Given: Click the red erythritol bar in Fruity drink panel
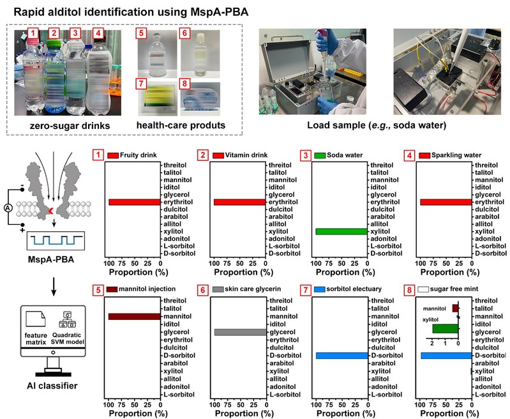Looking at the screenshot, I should pyautogui.click(x=134, y=202).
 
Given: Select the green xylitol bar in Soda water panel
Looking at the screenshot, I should pyautogui.click(x=341, y=231).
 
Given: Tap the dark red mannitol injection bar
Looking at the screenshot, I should pyautogui.click(x=134, y=316).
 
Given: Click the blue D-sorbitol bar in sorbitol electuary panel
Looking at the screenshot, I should pyautogui.click(x=341, y=356).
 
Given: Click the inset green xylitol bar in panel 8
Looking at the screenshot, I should pyautogui.click(x=445, y=328).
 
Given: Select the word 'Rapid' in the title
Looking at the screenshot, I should pyautogui.click(x=33, y=10).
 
